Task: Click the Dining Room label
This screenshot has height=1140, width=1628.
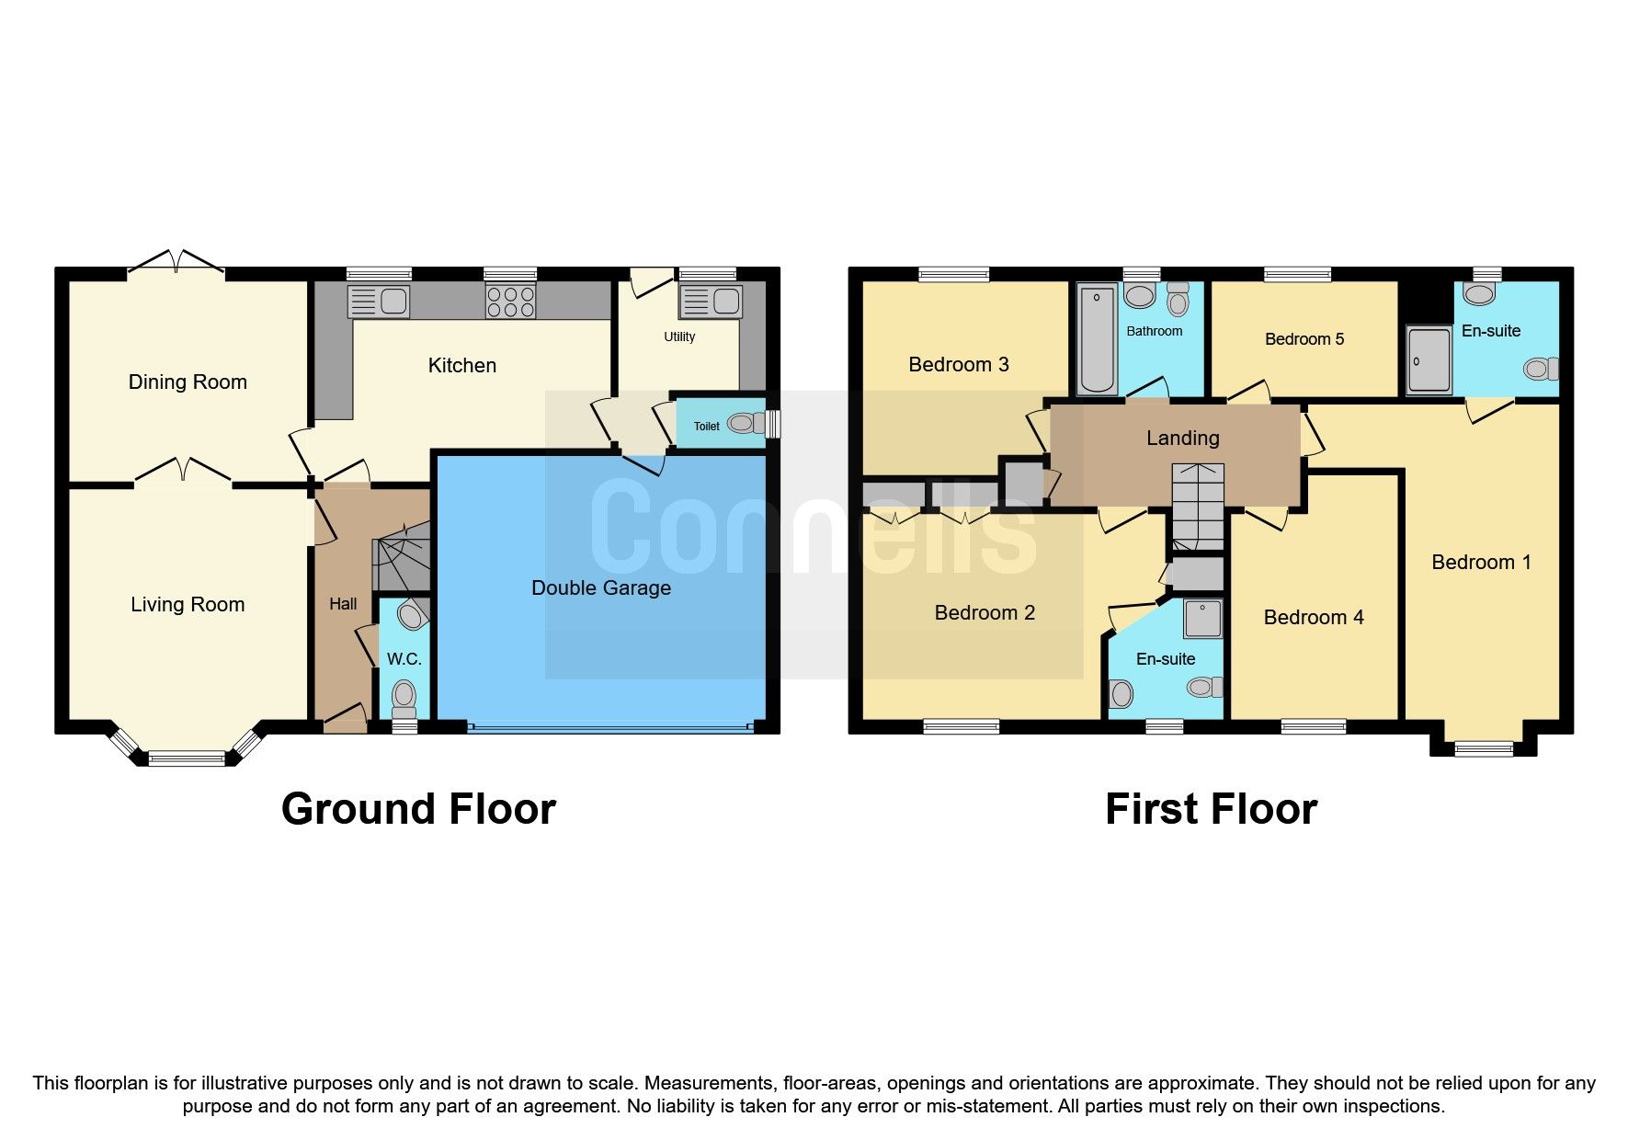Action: point(188,382)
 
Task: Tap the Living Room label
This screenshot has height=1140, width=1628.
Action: point(188,604)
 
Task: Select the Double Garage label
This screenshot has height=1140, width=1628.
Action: point(601,587)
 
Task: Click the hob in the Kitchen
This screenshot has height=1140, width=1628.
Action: point(510,302)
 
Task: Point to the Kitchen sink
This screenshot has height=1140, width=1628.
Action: point(380,301)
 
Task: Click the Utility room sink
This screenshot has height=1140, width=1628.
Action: point(710,301)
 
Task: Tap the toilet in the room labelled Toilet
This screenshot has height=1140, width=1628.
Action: point(744,424)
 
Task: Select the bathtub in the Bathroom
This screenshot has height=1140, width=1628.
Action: point(1097,339)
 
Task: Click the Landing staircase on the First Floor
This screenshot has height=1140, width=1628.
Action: point(1198,507)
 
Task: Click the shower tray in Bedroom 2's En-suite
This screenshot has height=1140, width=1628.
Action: point(1202,619)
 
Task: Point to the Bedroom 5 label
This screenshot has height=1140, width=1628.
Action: point(1304,339)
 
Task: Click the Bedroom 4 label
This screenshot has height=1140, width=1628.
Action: point(1313,617)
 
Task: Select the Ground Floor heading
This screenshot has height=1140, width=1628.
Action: point(418,809)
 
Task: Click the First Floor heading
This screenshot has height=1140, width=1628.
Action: point(1211,809)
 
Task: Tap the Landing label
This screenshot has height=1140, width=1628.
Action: point(1182,438)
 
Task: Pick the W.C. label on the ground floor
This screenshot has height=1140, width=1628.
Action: point(404,659)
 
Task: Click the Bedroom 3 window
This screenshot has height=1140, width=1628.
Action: point(953,273)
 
